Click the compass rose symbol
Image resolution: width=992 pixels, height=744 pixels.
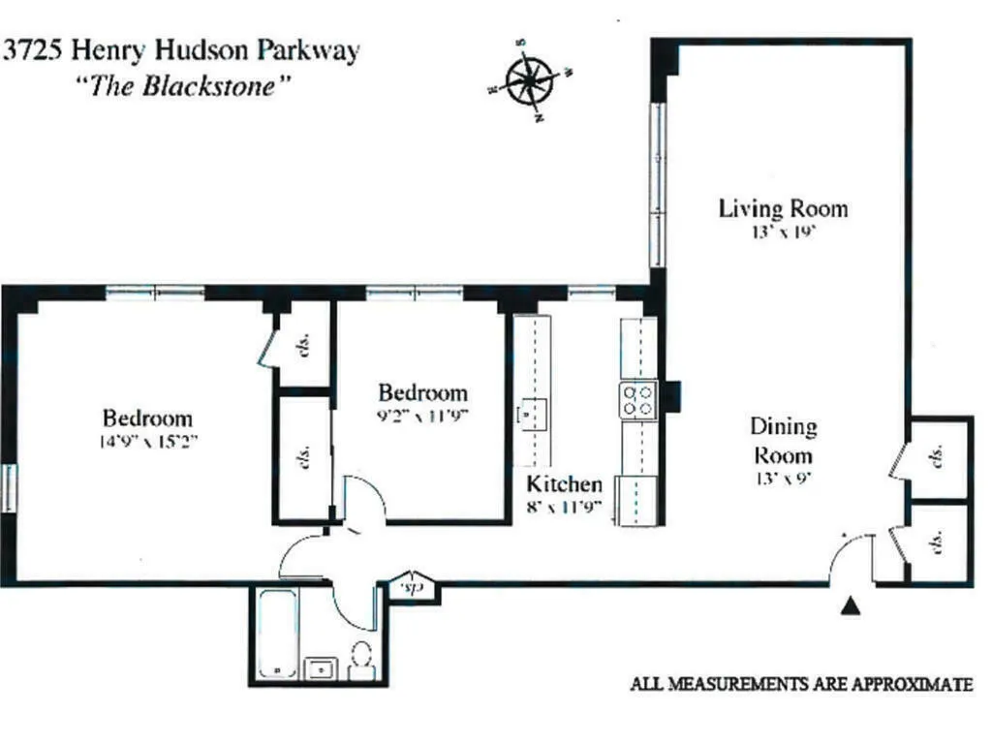530,79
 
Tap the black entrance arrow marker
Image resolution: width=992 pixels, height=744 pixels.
851,606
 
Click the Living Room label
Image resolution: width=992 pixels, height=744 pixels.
783,208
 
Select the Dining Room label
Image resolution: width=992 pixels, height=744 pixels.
784,441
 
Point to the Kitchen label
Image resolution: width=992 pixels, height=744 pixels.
564,484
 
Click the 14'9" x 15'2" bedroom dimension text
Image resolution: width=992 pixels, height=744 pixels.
147,440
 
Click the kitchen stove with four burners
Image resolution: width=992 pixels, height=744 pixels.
637,399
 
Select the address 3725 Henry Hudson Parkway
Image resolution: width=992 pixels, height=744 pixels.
181,51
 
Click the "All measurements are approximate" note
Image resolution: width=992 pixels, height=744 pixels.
801,685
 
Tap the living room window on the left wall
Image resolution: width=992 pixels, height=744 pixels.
658,184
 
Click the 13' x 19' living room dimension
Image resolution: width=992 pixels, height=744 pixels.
783,232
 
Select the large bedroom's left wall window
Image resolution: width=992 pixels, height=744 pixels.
9,488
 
